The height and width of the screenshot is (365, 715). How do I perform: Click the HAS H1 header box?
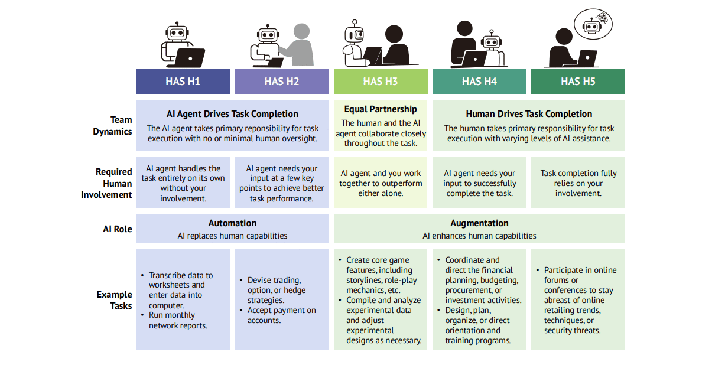(x=183, y=81)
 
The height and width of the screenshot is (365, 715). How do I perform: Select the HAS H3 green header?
(x=381, y=81)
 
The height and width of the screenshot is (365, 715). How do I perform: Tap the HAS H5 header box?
(x=578, y=81)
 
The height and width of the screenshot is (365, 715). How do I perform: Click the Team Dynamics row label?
(x=112, y=125)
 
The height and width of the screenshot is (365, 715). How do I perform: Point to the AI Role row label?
(x=117, y=229)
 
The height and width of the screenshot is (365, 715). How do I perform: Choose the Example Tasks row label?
(x=114, y=300)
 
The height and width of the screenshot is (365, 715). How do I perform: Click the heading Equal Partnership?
(x=381, y=109)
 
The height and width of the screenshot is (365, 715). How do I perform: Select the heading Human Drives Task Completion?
(x=529, y=113)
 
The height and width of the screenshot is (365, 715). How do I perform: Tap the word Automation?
(x=232, y=223)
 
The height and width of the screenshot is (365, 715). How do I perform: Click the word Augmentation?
(x=479, y=223)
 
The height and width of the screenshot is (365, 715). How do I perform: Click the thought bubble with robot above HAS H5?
(x=593, y=24)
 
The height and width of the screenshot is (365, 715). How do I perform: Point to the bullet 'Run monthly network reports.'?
(x=178, y=320)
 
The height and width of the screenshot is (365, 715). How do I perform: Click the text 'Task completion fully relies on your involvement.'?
(x=578, y=183)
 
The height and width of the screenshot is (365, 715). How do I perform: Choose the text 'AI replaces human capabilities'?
(x=232, y=236)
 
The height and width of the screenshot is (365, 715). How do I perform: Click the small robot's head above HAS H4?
(x=492, y=41)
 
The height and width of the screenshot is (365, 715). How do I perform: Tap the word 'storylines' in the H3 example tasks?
(x=363, y=280)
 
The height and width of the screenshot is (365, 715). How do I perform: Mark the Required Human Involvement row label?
(x=106, y=184)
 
